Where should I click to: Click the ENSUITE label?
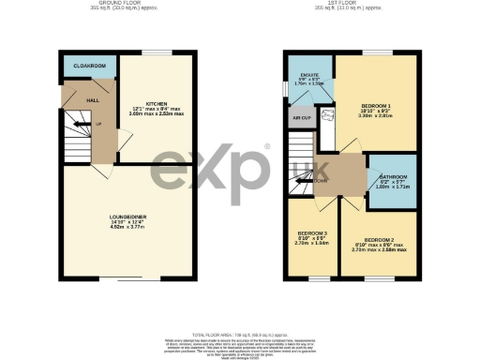tap(309, 72)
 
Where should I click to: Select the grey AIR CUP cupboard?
tap(302, 118)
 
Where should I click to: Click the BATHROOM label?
tap(392, 176)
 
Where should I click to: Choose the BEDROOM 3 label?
tap(312, 232)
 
